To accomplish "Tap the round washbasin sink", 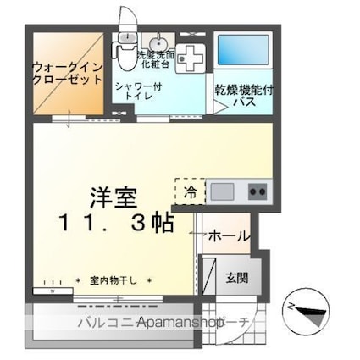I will tap(158, 43).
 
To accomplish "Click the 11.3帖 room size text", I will tap(117, 223).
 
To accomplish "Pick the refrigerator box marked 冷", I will tap(191, 191).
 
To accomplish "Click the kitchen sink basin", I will tap(223, 191).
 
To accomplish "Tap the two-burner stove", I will tap(257, 191).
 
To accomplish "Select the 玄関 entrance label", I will tap(236, 275).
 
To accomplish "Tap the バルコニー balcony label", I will tap(106, 323).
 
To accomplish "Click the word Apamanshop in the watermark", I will tap(179, 323).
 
